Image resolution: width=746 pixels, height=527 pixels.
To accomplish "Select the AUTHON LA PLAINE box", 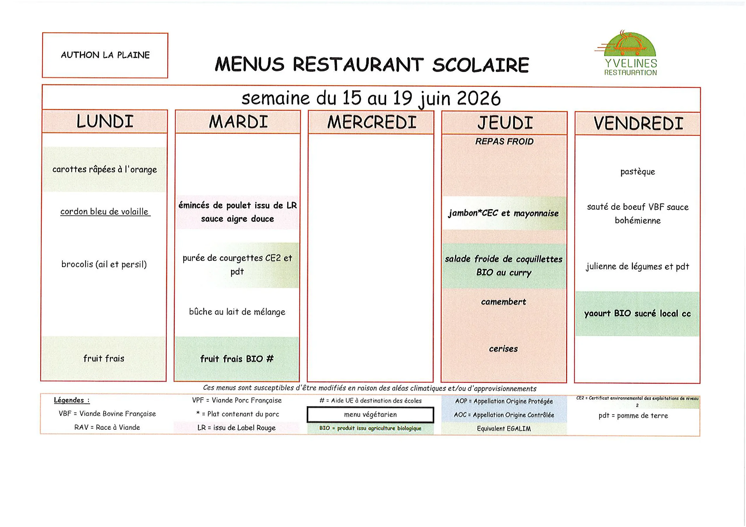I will click(x=105, y=55).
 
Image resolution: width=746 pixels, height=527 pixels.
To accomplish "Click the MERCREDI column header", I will click(x=371, y=122).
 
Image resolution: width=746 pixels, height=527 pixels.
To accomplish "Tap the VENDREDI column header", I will click(x=638, y=124).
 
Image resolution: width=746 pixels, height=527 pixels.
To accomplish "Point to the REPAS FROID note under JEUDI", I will click(x=504, y=141).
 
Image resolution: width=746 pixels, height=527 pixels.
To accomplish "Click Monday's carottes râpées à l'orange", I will click(x=105, y=169).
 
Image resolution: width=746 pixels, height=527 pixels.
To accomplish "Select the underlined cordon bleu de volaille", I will click(x=105, y=211).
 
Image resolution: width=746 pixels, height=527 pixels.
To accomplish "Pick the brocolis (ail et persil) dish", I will click(x=104, y=264).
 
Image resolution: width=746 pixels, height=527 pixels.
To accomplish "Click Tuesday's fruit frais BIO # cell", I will click(x=237, y=359).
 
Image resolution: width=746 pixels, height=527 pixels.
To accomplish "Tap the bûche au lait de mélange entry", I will click(x=237, y=312).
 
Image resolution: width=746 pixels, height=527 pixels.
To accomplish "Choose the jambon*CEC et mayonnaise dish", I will click(x=504, y=213).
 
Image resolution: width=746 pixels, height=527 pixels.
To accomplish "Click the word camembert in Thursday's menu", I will click(x=504, y=302).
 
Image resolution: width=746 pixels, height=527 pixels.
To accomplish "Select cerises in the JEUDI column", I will click(x=504, y=349).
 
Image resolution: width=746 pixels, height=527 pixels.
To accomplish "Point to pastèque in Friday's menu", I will click(x=638, y=172).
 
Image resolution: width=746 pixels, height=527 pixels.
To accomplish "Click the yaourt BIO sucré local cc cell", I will click(x=638, y=313).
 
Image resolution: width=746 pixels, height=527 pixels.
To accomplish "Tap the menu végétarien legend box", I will click(x=370, y=415).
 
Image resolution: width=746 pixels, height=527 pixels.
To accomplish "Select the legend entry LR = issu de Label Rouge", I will click(x=237, y=428).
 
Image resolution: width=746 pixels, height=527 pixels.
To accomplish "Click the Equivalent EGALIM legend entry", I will click(x=504, y=429).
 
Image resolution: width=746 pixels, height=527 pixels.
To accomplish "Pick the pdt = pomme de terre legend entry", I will click(x=633, y=415).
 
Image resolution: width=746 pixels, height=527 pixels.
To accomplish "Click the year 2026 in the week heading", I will click(x=478, y=98).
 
